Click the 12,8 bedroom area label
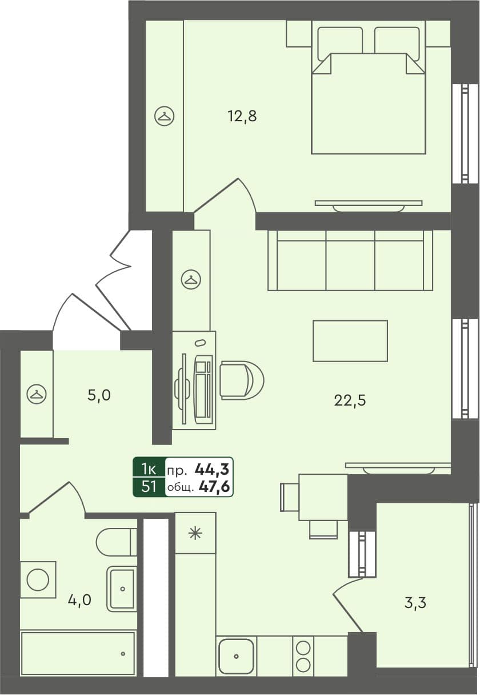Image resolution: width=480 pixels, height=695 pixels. point(242,117)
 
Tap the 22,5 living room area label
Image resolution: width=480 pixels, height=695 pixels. point(350,400)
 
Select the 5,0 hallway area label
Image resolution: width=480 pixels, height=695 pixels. point(99,395)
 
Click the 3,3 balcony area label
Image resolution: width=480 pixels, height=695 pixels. point(415,602)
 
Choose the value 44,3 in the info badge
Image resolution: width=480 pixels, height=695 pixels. point(212,470)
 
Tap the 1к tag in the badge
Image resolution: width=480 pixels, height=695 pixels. point(149,470)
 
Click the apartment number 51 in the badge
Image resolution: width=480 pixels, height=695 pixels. point(149,487)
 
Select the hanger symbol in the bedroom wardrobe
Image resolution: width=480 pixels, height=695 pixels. point(165,117)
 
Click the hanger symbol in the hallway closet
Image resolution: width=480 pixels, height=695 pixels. point(37,394)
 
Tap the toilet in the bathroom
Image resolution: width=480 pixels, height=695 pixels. point(116,542)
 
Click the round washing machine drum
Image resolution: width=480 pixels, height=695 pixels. point(38,579)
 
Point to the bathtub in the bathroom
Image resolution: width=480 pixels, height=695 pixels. point(78,653)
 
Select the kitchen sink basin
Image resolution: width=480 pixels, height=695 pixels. point(236,656)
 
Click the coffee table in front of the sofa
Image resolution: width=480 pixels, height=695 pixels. point(350,341)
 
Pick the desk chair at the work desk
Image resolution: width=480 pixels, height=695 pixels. point(242,379)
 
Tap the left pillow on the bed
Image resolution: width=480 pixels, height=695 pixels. point(339,41)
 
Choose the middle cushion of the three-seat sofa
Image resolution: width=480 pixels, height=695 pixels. point(350,260)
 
